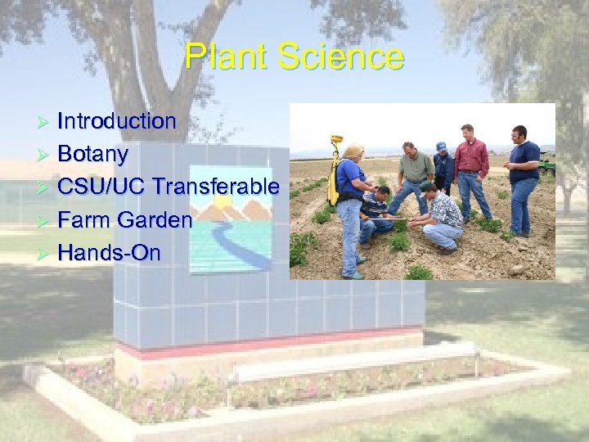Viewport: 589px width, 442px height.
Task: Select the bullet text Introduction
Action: pos(117,121)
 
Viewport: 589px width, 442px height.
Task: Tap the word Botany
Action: pos(93,154)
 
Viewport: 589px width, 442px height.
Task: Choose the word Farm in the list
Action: pos(85,219)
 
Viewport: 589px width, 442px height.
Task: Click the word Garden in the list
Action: pos(155,219)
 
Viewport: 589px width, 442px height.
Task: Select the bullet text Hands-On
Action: pos(110,252)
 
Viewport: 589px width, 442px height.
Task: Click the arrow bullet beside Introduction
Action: pos(46,122)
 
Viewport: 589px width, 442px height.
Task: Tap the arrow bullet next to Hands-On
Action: pos(46,253)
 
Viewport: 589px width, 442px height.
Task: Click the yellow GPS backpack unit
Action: pos(334,176)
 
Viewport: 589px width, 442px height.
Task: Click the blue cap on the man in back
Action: pos(442,147)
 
